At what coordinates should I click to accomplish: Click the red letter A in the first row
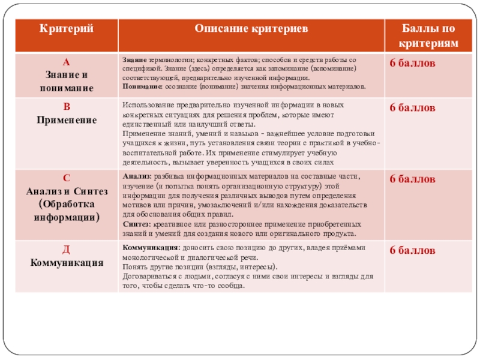coord(67,62)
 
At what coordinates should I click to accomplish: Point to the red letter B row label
coord(67,108)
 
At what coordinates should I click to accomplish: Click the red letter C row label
coord(67,178)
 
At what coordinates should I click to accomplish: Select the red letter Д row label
coord(67,249)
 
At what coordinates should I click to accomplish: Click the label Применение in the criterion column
coord(67,120)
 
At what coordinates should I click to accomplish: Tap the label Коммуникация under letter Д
coord(67,262)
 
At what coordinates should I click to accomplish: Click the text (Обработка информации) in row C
coord(67,211)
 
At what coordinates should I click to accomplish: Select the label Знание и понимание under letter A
coord(67,81)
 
